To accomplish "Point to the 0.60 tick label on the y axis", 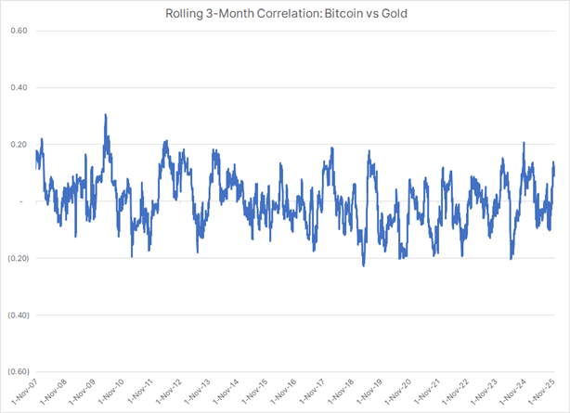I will pos(18,31).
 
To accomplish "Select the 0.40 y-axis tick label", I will pos(18,87).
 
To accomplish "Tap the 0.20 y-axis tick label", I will pos(18,145).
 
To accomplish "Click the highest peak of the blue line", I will pos(105,115).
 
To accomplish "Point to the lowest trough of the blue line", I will pos(363,265).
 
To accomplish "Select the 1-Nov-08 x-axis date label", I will pos(64,391).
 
